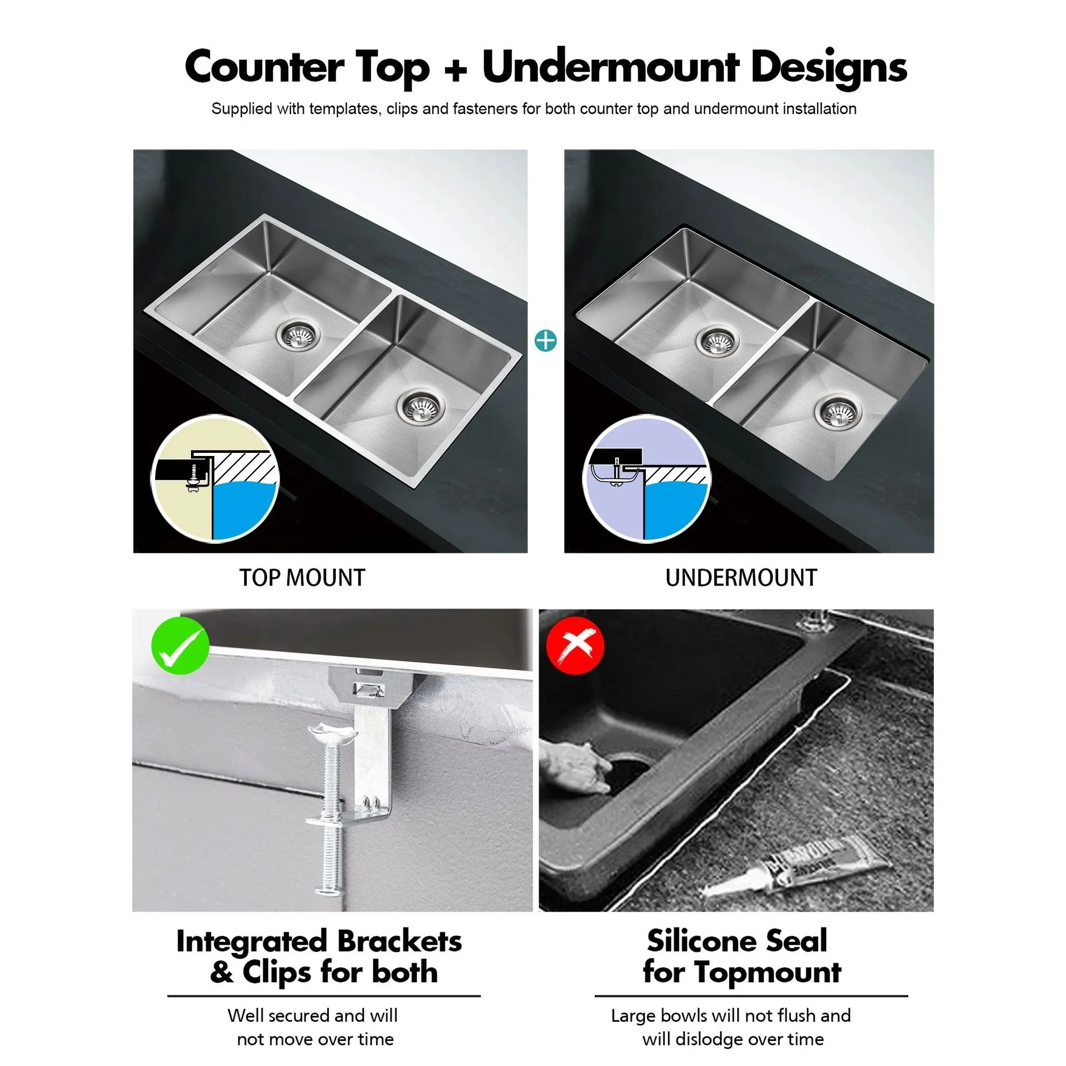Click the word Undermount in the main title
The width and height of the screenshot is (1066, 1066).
pyautogui.click(x=610, y=67)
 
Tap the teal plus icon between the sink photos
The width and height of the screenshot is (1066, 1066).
pyautogui.click(x=545, y=340)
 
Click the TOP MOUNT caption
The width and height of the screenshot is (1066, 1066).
pyautogui.click(x=302, y=578)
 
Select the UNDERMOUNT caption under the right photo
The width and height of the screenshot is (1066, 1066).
pyautogui.click(x=741, y=578)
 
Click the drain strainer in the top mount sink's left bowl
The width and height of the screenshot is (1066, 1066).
pyautogui.click(x=297, y=333)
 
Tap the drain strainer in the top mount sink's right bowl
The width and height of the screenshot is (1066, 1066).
pyautogui.click(x=420, y=408)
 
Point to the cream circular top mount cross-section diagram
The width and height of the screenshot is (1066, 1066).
pyautogui.click(x=215, y=479)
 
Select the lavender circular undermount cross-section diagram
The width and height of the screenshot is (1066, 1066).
pyautogui.click(x=646, y=479)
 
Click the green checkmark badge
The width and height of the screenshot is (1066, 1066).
pyautogui.click(x=180, y=645)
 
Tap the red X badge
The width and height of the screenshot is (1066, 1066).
pyautogui.click(x=575, y=645)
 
